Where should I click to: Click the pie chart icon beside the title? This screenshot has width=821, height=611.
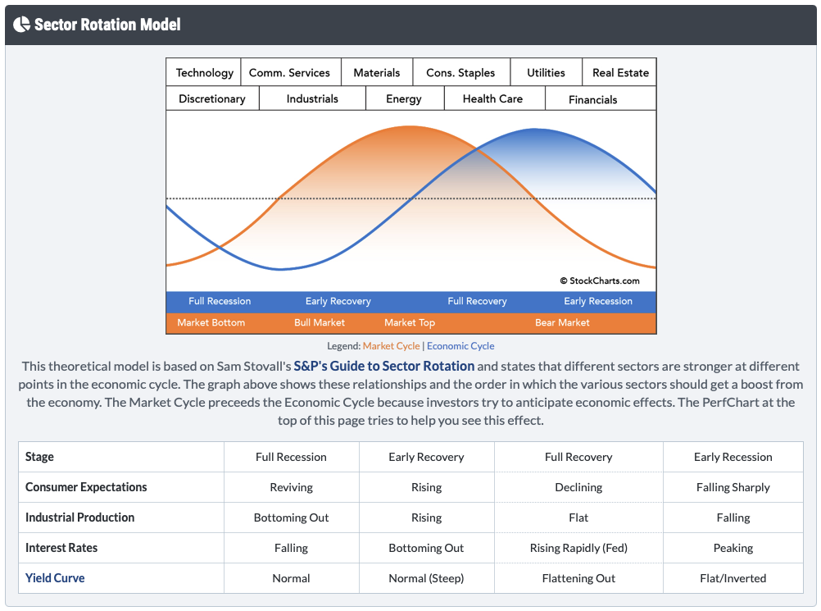[x=22, y=24]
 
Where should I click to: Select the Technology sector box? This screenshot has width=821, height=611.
[x=204, y=72]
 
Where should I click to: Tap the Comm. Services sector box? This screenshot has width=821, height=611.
[x=289, y=72]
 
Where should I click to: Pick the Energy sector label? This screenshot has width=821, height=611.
[x=404, y=98]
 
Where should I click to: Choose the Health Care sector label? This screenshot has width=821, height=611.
[x=492, y=98]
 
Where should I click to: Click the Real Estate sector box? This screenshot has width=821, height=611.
[x=620, y=72]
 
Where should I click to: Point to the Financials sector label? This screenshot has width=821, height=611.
[x=592, y=99]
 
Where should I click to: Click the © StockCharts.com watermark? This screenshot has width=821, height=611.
[x=600, y=280]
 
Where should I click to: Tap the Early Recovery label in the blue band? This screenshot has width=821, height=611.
[x=338, y=301]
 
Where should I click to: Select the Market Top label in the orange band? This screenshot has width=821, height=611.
[x=410, y=322]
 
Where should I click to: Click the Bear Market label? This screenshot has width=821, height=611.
[x=562, y=322]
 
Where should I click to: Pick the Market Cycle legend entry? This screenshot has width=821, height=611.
[x=391, y=346]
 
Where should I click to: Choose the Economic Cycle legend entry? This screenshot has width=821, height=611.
[x=460, y=346]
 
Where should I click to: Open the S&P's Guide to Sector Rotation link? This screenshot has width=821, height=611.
[x=384, y=367]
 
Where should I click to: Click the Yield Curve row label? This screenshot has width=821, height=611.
[x=55, y=578]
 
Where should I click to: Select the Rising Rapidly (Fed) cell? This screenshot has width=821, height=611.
[x=578, y=548]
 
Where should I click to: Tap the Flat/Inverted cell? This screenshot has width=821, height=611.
[x=733, y=578]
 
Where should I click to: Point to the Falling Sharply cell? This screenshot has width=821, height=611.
[x=733, y=487]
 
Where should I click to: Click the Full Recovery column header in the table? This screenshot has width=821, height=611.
[x=578, y=457]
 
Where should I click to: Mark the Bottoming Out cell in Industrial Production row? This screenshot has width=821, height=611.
[x=291, y=518]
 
